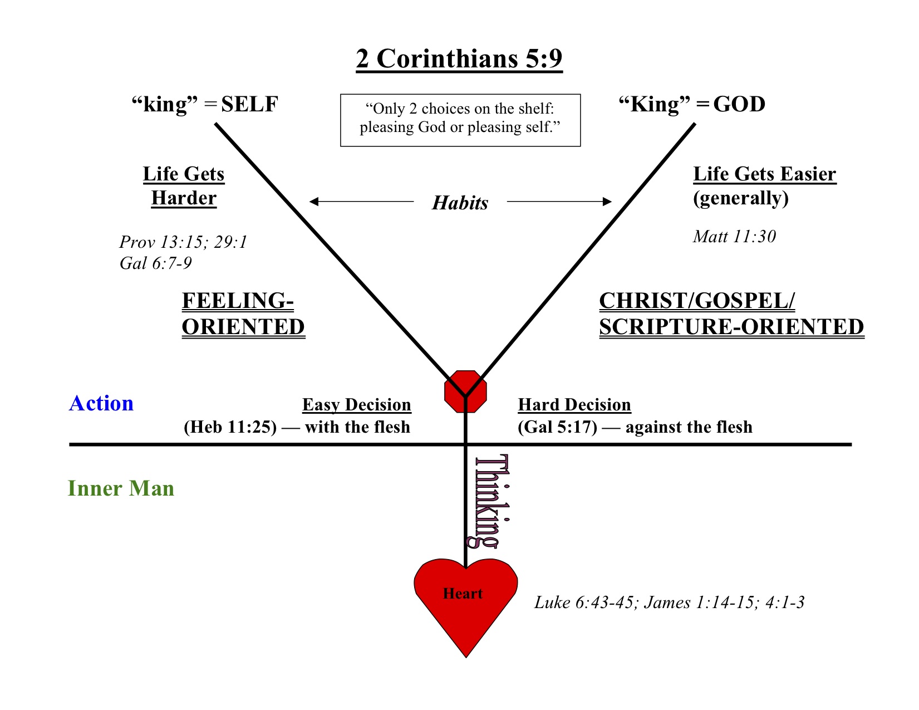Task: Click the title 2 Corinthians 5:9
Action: click(459, 59)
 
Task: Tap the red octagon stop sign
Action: click(466, 391)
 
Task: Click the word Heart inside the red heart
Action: click(463, 594)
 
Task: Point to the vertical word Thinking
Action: click(493, 501)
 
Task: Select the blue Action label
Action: click(101, 403)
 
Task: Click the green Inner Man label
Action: click(121, 488)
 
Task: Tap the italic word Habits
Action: click(460, 203)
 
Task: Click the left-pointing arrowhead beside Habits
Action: click(314, 201)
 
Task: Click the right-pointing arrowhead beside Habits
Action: click(607, 201)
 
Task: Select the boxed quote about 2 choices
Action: click(460, 120)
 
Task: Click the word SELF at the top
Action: click(249, 104)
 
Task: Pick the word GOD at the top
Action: click(739, 104)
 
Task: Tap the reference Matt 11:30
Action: click(734, 237)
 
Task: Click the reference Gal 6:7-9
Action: click(156, 263)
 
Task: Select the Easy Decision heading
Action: click(357, 405)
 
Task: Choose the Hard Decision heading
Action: click(574, 405)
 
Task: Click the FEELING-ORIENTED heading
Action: click(243, 314)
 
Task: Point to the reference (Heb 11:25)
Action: click(230, 427)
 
